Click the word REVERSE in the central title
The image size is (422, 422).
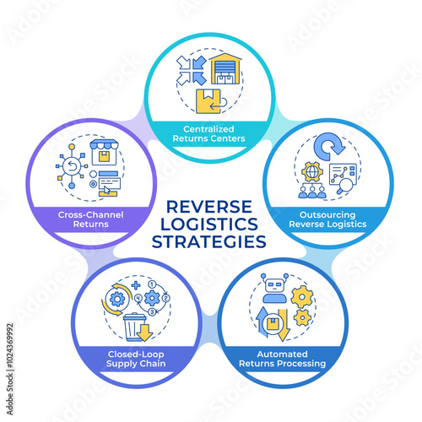coord(209,207)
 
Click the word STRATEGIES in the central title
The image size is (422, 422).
coord(209,242)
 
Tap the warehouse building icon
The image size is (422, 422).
coord(225,69)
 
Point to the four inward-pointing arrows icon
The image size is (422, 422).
coord(192,70)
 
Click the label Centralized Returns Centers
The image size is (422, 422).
coord(208,133)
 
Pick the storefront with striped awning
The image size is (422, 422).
coord(104,152)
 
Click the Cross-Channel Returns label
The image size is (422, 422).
coord(90,219)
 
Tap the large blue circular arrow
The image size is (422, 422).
coord(329,146)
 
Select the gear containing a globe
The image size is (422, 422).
coord(311,171)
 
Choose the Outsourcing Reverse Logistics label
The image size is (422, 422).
coord(327,219)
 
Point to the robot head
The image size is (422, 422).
coord(274,284)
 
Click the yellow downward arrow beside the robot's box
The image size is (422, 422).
coord(284,325)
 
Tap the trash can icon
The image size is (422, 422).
coord(134,327)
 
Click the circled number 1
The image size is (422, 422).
coord(152,284)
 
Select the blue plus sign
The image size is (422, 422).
coord(136,285)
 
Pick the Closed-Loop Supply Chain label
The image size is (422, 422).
coord(136,359)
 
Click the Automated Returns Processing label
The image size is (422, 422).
coord(282,359)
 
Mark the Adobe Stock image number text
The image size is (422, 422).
coord(10,369)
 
